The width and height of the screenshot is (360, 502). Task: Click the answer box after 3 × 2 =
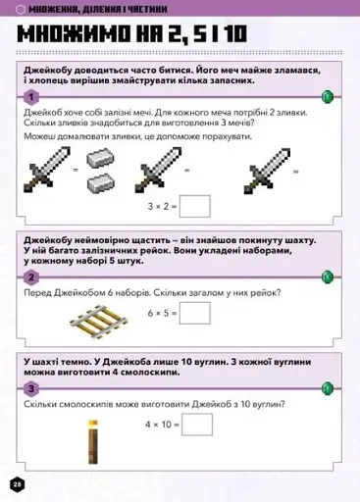pyautogui.click(x=195, y=206)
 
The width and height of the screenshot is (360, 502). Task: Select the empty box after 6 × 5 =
pyautogui.click(x=195, y=313)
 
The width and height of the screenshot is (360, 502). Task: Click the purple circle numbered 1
pyautogui.click(x=31, y=97)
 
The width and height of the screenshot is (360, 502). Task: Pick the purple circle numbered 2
pyautogui.click(x=31, y=277)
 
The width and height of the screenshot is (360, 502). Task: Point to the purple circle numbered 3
pyautogui.click(x=31, y=388)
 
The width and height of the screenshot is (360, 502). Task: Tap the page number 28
pyautogui.click(x=17, y=484)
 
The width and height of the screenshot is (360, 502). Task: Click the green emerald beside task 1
pyautogui.click(x=331, y=96)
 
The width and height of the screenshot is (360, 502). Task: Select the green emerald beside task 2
pyautogui.click(x=331, y=277)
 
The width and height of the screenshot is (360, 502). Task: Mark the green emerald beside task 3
pyautogui.click(x=331, y=388)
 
